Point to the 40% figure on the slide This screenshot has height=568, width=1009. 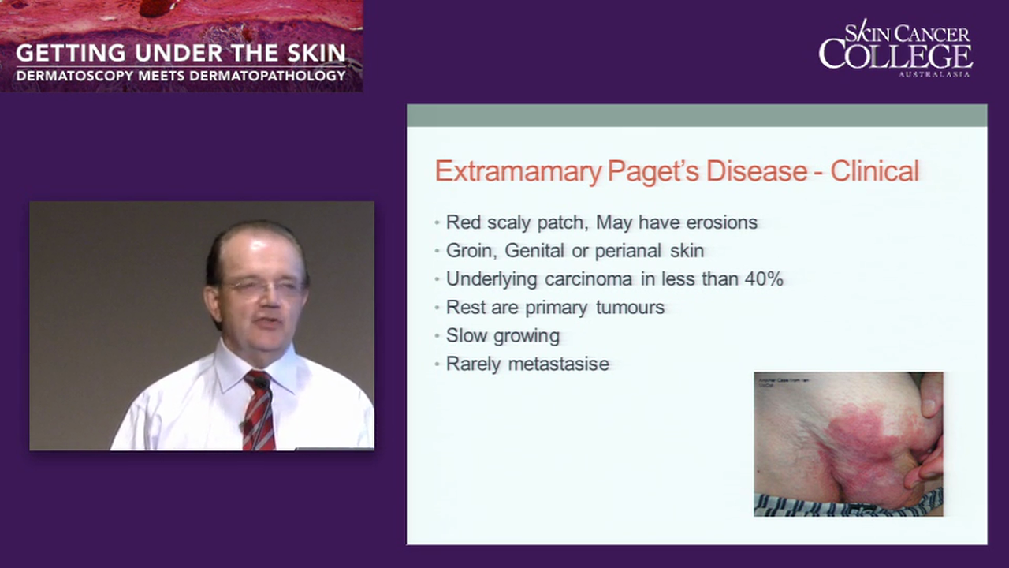click(764, 278)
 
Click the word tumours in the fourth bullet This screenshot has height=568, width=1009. click(630, 307)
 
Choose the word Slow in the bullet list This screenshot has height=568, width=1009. click(464, 335)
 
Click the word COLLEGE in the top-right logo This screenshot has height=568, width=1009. click(895, 56)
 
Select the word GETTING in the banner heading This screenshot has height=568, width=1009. click(65, 54)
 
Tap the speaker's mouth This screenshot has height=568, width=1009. click(266, 323)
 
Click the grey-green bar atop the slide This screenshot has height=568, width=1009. click(696, 115)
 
